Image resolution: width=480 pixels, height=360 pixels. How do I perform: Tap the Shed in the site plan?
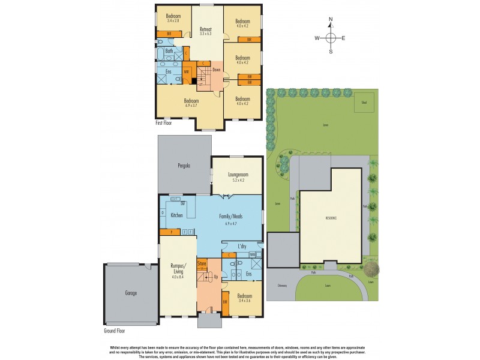pos(364,103)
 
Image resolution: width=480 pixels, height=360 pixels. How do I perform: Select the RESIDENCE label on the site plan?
pos(331,217)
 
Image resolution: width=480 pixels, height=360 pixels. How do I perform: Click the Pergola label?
pos(184,165)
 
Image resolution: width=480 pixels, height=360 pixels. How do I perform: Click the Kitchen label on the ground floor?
pos(176,214)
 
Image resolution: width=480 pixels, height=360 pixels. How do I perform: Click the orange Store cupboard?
pos(202,262)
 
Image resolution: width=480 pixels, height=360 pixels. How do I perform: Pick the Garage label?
pos(131,293)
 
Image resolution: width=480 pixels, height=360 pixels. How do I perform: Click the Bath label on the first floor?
pos(169,52)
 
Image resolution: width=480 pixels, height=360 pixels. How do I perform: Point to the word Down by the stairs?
pos(216,70)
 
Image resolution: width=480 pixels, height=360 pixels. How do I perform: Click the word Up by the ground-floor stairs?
pos(215,277)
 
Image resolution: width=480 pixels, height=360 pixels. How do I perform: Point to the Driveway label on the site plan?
pos(283,286)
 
